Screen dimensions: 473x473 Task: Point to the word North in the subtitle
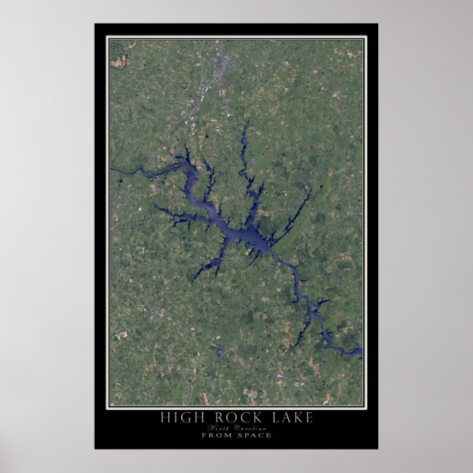(218, 427)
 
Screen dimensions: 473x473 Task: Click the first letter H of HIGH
(163, 418)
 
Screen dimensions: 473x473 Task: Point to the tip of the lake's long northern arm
(245, 123)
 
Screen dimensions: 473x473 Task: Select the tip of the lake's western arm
(156, 209)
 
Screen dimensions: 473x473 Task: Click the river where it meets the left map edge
(112, 170)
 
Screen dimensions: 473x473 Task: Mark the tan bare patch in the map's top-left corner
(118, 63)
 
